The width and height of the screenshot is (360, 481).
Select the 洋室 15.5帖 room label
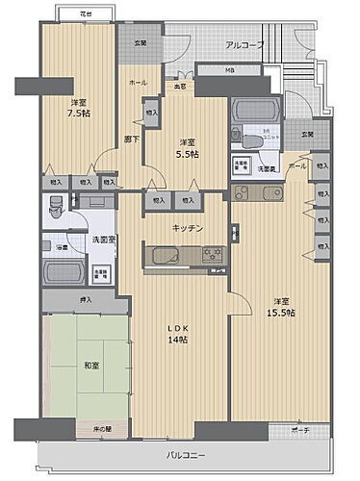[x=282, y=305]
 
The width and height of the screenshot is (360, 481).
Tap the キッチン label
[x=187, y=228]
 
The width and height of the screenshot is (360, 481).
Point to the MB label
[x=229, y=70]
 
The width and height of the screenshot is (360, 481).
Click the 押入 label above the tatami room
[x=86, y=300]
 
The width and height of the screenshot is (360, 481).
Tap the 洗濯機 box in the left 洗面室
[x=100, y=272]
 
